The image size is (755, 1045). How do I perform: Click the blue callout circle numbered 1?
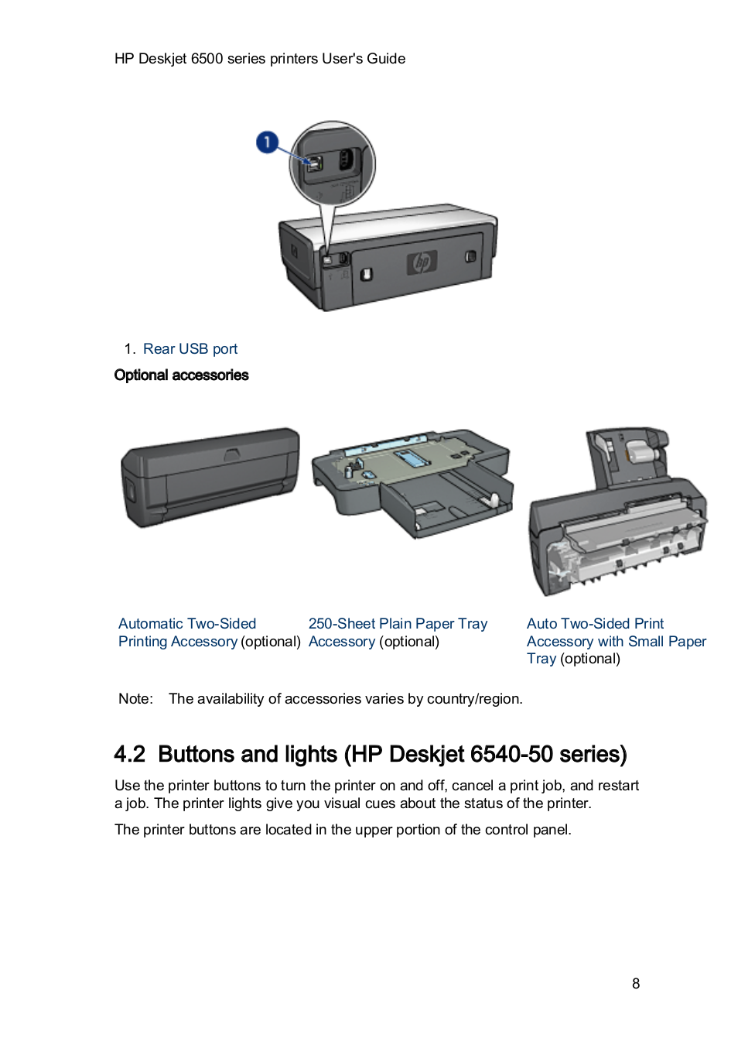pos(267,142)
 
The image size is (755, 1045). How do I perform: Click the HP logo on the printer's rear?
pos(422,262)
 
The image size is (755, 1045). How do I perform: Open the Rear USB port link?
pos(190,349)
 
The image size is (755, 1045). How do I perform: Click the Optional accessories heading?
pos(181,375)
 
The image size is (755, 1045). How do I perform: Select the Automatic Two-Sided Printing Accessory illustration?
pos(210,478)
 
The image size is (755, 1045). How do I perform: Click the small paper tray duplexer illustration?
pos(617,512)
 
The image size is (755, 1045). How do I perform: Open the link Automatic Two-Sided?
pos(187,624)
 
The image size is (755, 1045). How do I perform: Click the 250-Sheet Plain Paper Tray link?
pos(398,624)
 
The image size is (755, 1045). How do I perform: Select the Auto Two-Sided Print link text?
pos(595,624)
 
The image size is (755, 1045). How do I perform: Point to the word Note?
pos(135,699)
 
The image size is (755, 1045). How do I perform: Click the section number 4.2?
pos(129,755)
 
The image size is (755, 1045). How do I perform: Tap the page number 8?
pos(636,984)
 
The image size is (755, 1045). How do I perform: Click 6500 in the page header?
pos(207,59)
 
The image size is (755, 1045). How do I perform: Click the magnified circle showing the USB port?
pos(333,163)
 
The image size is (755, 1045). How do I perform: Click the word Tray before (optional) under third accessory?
pos(541,659)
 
